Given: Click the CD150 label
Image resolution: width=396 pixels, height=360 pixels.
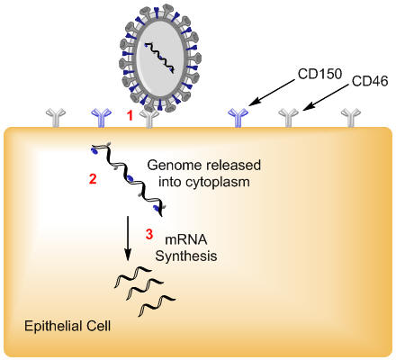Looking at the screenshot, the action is tap(319, 74).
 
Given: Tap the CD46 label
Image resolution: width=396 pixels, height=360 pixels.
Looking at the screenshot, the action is tap(370, 81).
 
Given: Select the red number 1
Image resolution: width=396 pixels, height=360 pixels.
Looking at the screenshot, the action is tap(130, 116).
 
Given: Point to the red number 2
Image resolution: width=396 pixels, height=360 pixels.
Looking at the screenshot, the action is tap(93, 179).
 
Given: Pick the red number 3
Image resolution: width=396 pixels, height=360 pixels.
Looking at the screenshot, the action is tap(149, 234).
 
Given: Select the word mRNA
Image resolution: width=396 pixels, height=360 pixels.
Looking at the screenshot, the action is tap(186, 239).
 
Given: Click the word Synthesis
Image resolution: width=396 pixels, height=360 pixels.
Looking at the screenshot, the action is tap(186, 256).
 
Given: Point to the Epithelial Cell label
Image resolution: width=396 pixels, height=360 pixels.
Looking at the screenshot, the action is tap(67, 326).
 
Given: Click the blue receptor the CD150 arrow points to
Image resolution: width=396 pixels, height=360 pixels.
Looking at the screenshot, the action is tap(238, 118).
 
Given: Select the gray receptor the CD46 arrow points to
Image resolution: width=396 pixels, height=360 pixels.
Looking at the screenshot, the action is tap(289, 118).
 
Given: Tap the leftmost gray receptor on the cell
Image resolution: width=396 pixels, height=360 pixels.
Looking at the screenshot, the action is tap(56, 118).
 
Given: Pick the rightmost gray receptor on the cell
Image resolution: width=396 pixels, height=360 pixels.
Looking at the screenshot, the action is tap(351, 118).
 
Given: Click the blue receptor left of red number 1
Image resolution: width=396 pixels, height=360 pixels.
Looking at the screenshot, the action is tap(101, 118).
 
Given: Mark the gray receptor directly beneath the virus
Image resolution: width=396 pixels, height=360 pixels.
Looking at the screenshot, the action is tap(149, 119).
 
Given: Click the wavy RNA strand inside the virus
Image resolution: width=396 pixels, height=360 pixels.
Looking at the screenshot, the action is tap(159, 58).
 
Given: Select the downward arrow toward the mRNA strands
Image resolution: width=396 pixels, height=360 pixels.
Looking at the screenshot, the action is tap(128, 238).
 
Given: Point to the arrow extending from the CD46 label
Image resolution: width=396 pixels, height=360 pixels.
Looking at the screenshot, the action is tap(326, 97).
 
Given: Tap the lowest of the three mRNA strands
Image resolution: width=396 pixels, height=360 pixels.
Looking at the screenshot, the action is tap(157, 305).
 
